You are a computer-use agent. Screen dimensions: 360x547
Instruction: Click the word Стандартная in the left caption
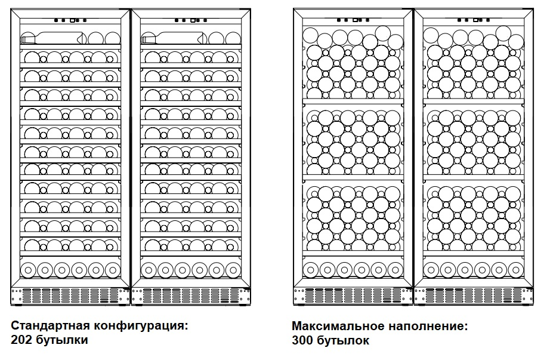[x=48, y=326]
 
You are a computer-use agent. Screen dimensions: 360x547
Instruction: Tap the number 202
[x=22, y=340]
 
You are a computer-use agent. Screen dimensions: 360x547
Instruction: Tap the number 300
[x=302, y=340]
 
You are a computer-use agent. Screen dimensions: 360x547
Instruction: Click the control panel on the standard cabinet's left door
[x=70, y=20]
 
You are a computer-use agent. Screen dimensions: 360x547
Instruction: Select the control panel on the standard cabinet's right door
[x=191, y=20]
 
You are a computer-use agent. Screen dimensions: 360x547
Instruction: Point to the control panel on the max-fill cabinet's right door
[x=474, y=20]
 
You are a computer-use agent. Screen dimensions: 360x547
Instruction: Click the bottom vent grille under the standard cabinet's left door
[x=70, y=296]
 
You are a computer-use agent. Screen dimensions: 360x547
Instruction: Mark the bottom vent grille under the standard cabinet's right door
[x=191, y=296]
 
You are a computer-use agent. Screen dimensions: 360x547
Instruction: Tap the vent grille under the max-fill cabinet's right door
[x=474, y=296]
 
